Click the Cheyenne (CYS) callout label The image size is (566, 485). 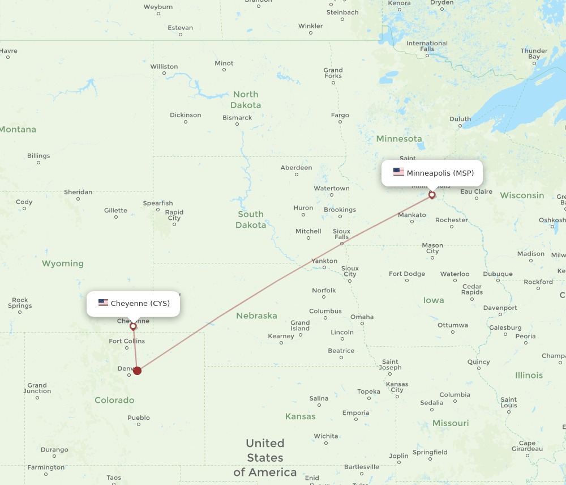pyautogui.click(x=133, y=304)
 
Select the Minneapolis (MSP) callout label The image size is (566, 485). pyautogui.click(x=432, y=173)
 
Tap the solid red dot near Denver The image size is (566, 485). pyautogui.click(x=137, y=371)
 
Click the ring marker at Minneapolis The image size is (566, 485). pyautogui.click(x=432, y=195)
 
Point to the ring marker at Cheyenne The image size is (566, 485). pyautogui.click(x=133, y=326)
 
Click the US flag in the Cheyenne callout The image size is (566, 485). pyautogui.click(x=103, y=303)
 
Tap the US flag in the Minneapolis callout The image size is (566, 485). pyautogui.click(x=398, y=172)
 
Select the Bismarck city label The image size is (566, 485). pyautogui.click(x=237, y=118)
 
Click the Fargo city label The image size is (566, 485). pyautogui.click(x=340, y=115)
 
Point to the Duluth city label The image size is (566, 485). pyautogui.click(x=460, y=119)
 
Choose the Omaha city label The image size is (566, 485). pyautogui.click(x=362, y=317)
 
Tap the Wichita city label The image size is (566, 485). pyautogui.click(x=326, y=436)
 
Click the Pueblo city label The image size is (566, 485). pyautogui.click(x=139, y=418)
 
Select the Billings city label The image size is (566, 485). pyautogui.click(x=38, y=156)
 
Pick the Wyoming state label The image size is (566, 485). pyautogui.click(x=63, y=263)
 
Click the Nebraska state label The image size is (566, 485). pyautogui.click(x=256, y=316)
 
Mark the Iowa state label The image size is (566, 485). pyautogui.click(x=434, y=300)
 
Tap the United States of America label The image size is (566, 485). pyautogui.click(x=265, y=457)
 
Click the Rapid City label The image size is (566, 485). pyautogui.click(x=174, y=215)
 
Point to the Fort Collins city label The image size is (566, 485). pyautogui.click(x=127, y=341)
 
